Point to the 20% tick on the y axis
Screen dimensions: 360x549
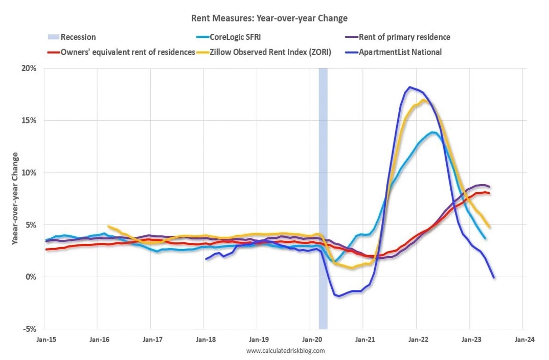[29, 69]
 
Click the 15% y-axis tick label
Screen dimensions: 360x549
[29, 121]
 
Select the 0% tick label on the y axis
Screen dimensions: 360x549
[31, 277]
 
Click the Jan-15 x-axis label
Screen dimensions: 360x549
[44, 339]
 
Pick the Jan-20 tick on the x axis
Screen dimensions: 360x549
[310, 339]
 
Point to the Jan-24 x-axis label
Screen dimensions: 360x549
[522, 339]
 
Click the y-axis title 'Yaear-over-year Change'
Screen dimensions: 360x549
[15, 198]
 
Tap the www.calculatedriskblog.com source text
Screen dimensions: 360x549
[285, 351]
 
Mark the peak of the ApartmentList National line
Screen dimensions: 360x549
[410, 87]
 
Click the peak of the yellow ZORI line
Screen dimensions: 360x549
[424, 100]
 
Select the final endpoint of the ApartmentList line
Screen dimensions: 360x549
[494, 277]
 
